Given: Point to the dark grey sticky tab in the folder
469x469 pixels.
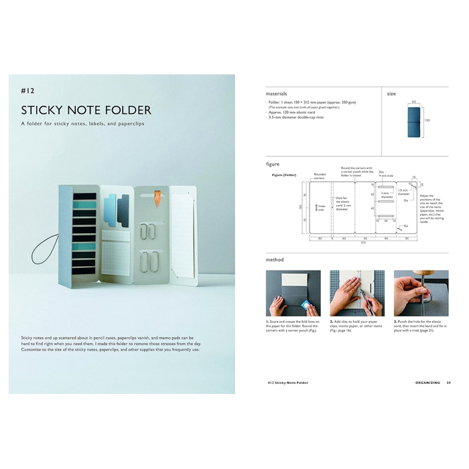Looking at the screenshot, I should (x=123, y=209).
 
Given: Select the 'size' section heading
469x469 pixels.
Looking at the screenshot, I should (x=391, y=94).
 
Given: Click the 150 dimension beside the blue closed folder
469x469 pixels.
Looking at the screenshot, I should (x=427, y=121).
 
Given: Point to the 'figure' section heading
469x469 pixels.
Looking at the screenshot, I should (x=273, y=163).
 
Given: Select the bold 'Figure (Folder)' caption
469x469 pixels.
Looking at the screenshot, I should (x=284, y=175).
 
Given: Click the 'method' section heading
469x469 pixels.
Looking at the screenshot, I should (x=275, y=259).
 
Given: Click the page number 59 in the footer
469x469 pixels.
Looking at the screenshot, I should (x=448, y=383).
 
